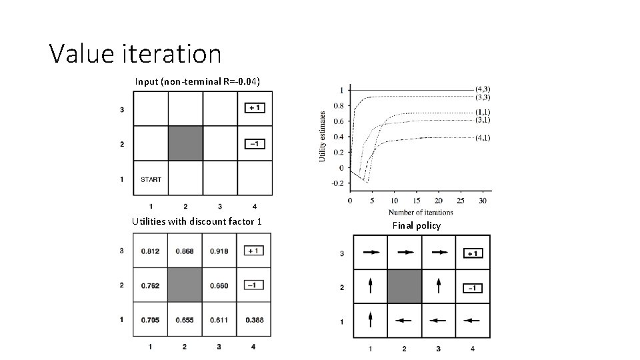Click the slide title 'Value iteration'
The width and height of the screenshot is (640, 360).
(135, 53)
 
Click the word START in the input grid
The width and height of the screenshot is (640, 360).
(151, 179)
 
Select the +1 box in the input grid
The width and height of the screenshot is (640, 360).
(255, 108)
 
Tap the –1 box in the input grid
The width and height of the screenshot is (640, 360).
(255, 143)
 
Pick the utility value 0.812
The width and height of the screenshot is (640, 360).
(150, 251)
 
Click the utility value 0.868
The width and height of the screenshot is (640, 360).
(185, 251)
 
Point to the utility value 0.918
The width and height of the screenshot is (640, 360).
(219, 251)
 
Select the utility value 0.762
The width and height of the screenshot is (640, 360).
(150, 285)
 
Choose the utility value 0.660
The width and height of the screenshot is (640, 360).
(219, 285)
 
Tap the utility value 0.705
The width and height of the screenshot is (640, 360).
(150, 320)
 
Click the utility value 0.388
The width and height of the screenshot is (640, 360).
(254, 320)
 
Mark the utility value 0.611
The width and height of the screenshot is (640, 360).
(219, 320)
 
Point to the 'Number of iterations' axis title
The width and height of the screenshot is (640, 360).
(421, 213)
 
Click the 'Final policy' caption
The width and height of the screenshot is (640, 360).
(417, 225)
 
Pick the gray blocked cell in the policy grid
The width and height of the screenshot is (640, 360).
(404, 287)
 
